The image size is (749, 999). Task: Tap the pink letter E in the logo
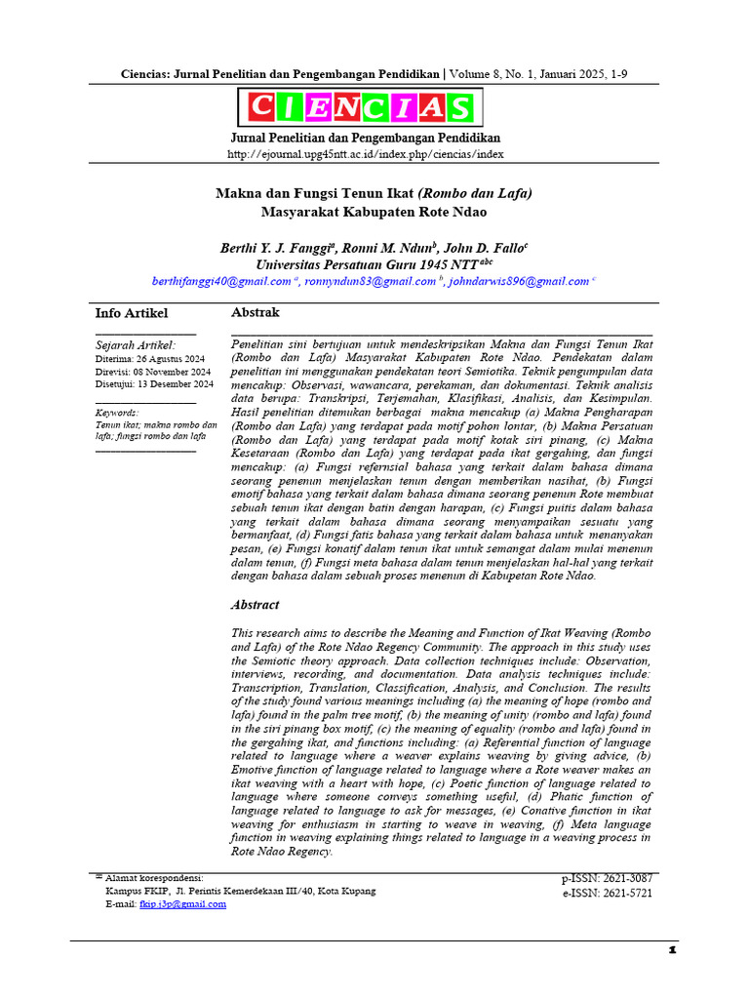point(317,107)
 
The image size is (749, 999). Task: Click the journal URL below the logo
point(366,154)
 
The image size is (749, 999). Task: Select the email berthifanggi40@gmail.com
point(221,281)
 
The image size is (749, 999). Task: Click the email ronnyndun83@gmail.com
point(369,281)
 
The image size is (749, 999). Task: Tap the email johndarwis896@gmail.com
point(518,281)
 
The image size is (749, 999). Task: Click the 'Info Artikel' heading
point(132,313)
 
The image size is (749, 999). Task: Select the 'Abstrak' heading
point(255,312)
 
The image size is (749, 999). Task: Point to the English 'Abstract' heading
point(255,605)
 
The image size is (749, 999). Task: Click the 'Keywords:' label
point(117,413)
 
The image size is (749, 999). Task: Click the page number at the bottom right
point(671,950)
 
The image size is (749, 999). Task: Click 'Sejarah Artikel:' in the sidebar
point(136,344)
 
